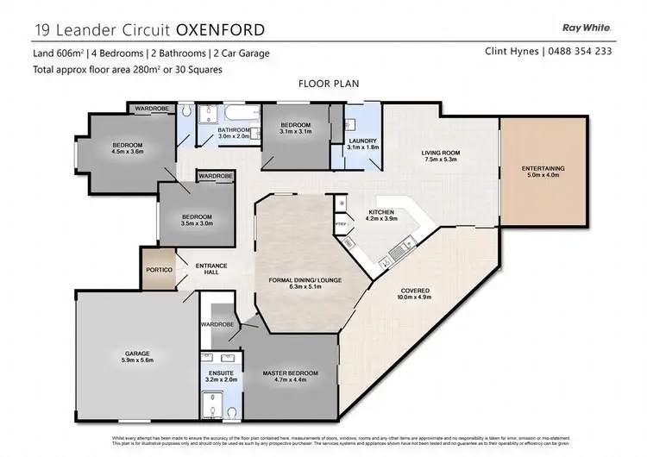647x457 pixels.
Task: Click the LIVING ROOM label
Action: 439,153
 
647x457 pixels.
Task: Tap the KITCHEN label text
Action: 381,211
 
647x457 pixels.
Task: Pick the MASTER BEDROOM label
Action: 290,372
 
